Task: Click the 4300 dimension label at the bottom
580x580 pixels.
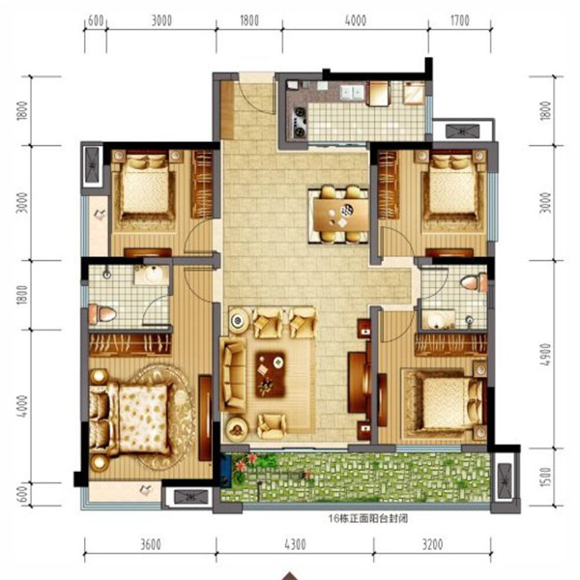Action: click(295, 544)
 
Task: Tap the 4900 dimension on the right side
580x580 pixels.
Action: click(545, 355)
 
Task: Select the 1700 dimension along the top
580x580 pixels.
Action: click(460, 20)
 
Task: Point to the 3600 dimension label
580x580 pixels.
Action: click(151, 544)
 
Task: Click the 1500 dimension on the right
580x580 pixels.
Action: click(545, 477)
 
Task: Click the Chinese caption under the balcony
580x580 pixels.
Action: click(368, 518)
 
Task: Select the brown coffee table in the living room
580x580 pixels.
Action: click(271, 374)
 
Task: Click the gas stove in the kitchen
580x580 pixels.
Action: click(300, 122)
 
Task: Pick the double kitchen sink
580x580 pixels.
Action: click(352, 92)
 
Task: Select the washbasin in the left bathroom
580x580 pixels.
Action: click(152, 275)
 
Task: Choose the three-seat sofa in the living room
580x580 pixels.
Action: click(233, 375)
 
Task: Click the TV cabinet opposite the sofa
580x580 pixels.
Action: click(360, 383)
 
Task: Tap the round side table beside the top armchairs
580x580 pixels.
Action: click(239, 320)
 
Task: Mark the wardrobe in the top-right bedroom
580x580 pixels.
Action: click(388, 185)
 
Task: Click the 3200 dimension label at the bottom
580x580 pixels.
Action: click(432, 544)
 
